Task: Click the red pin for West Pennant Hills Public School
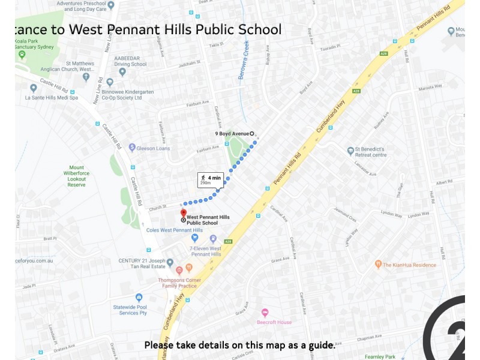(184, 214)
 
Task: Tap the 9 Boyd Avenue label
(232, 133)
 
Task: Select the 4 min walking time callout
(211, 179)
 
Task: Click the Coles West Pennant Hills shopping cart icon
(195, 238)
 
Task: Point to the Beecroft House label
(274, 322)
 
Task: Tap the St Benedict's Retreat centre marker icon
(350, 151)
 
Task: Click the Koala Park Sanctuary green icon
(22, 55)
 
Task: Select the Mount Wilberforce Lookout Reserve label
(77, 176)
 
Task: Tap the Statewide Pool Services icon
(139, 298)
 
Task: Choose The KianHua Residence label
(410, 265)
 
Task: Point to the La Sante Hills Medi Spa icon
(34, 88)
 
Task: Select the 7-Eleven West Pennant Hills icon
(213, 238)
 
